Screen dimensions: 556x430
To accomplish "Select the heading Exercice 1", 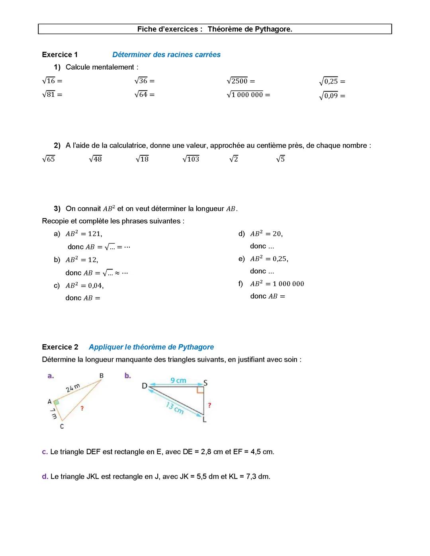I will click(x=60, y=55).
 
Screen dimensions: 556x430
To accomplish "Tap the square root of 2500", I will click(x=237, y=81).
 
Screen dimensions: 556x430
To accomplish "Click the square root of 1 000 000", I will click(x=245, y=95).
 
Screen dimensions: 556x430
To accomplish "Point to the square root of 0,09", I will click(x=328, y=96).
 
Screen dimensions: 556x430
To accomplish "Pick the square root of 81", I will click(x=49, y=94).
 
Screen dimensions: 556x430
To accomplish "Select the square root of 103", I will click(x=191, y=159).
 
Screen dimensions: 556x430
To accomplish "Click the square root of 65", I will click(x=49, y=159).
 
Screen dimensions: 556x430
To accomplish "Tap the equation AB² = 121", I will click(x=84, y=234).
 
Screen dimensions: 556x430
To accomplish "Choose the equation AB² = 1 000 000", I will click(x=277, y=284).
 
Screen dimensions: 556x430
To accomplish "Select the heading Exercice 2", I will click(x=60, y=347).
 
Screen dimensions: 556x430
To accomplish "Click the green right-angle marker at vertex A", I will click(x=57, y=402).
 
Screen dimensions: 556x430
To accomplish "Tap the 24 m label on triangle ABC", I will click(x=73, y=388).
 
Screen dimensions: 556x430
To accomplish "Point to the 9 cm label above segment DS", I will click(x=178, y=380).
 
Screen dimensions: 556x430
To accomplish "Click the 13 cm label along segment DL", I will click(x=175, y=408).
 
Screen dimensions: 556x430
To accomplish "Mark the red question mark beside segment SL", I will click(x=209, y=405).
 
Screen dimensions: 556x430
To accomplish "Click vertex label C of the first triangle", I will click(x=62, y=426).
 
